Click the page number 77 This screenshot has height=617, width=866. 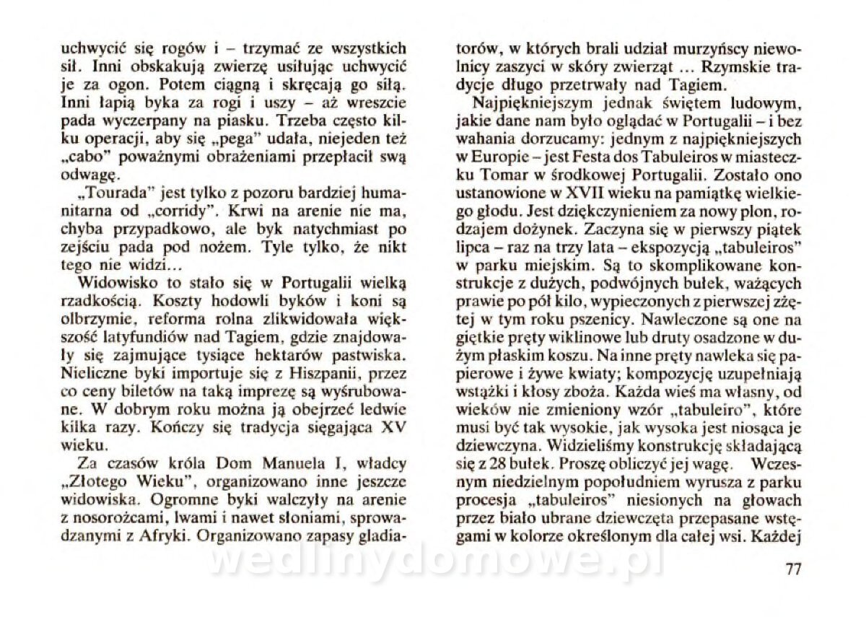click(792, 569)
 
